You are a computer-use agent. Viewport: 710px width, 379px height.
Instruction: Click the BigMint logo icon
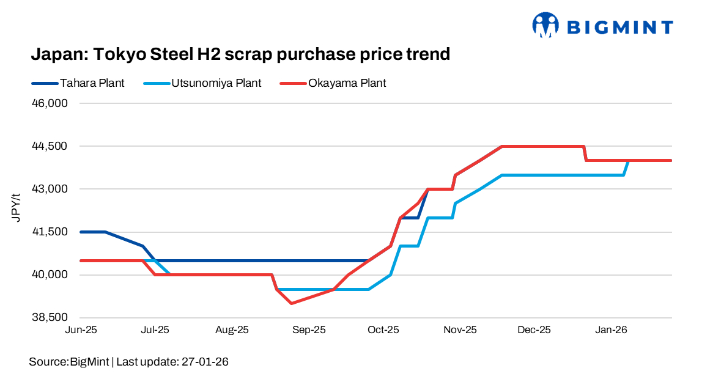coord(546,25)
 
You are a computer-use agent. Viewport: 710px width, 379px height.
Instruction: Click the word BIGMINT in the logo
coord(620,27)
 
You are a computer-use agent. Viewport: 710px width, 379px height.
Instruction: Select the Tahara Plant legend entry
coord(92,83)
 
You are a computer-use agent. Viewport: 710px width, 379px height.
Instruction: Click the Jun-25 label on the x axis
coord(81,329)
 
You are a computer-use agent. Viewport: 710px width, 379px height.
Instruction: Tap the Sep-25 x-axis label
coord(309,329)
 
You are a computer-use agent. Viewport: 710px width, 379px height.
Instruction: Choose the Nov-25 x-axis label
coord(460,329)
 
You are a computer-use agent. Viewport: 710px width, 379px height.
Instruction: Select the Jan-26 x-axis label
coord(612,329)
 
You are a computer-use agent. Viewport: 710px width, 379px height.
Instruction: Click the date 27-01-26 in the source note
coord(205,362)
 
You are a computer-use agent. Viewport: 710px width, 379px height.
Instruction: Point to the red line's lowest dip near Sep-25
coord(292,303)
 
